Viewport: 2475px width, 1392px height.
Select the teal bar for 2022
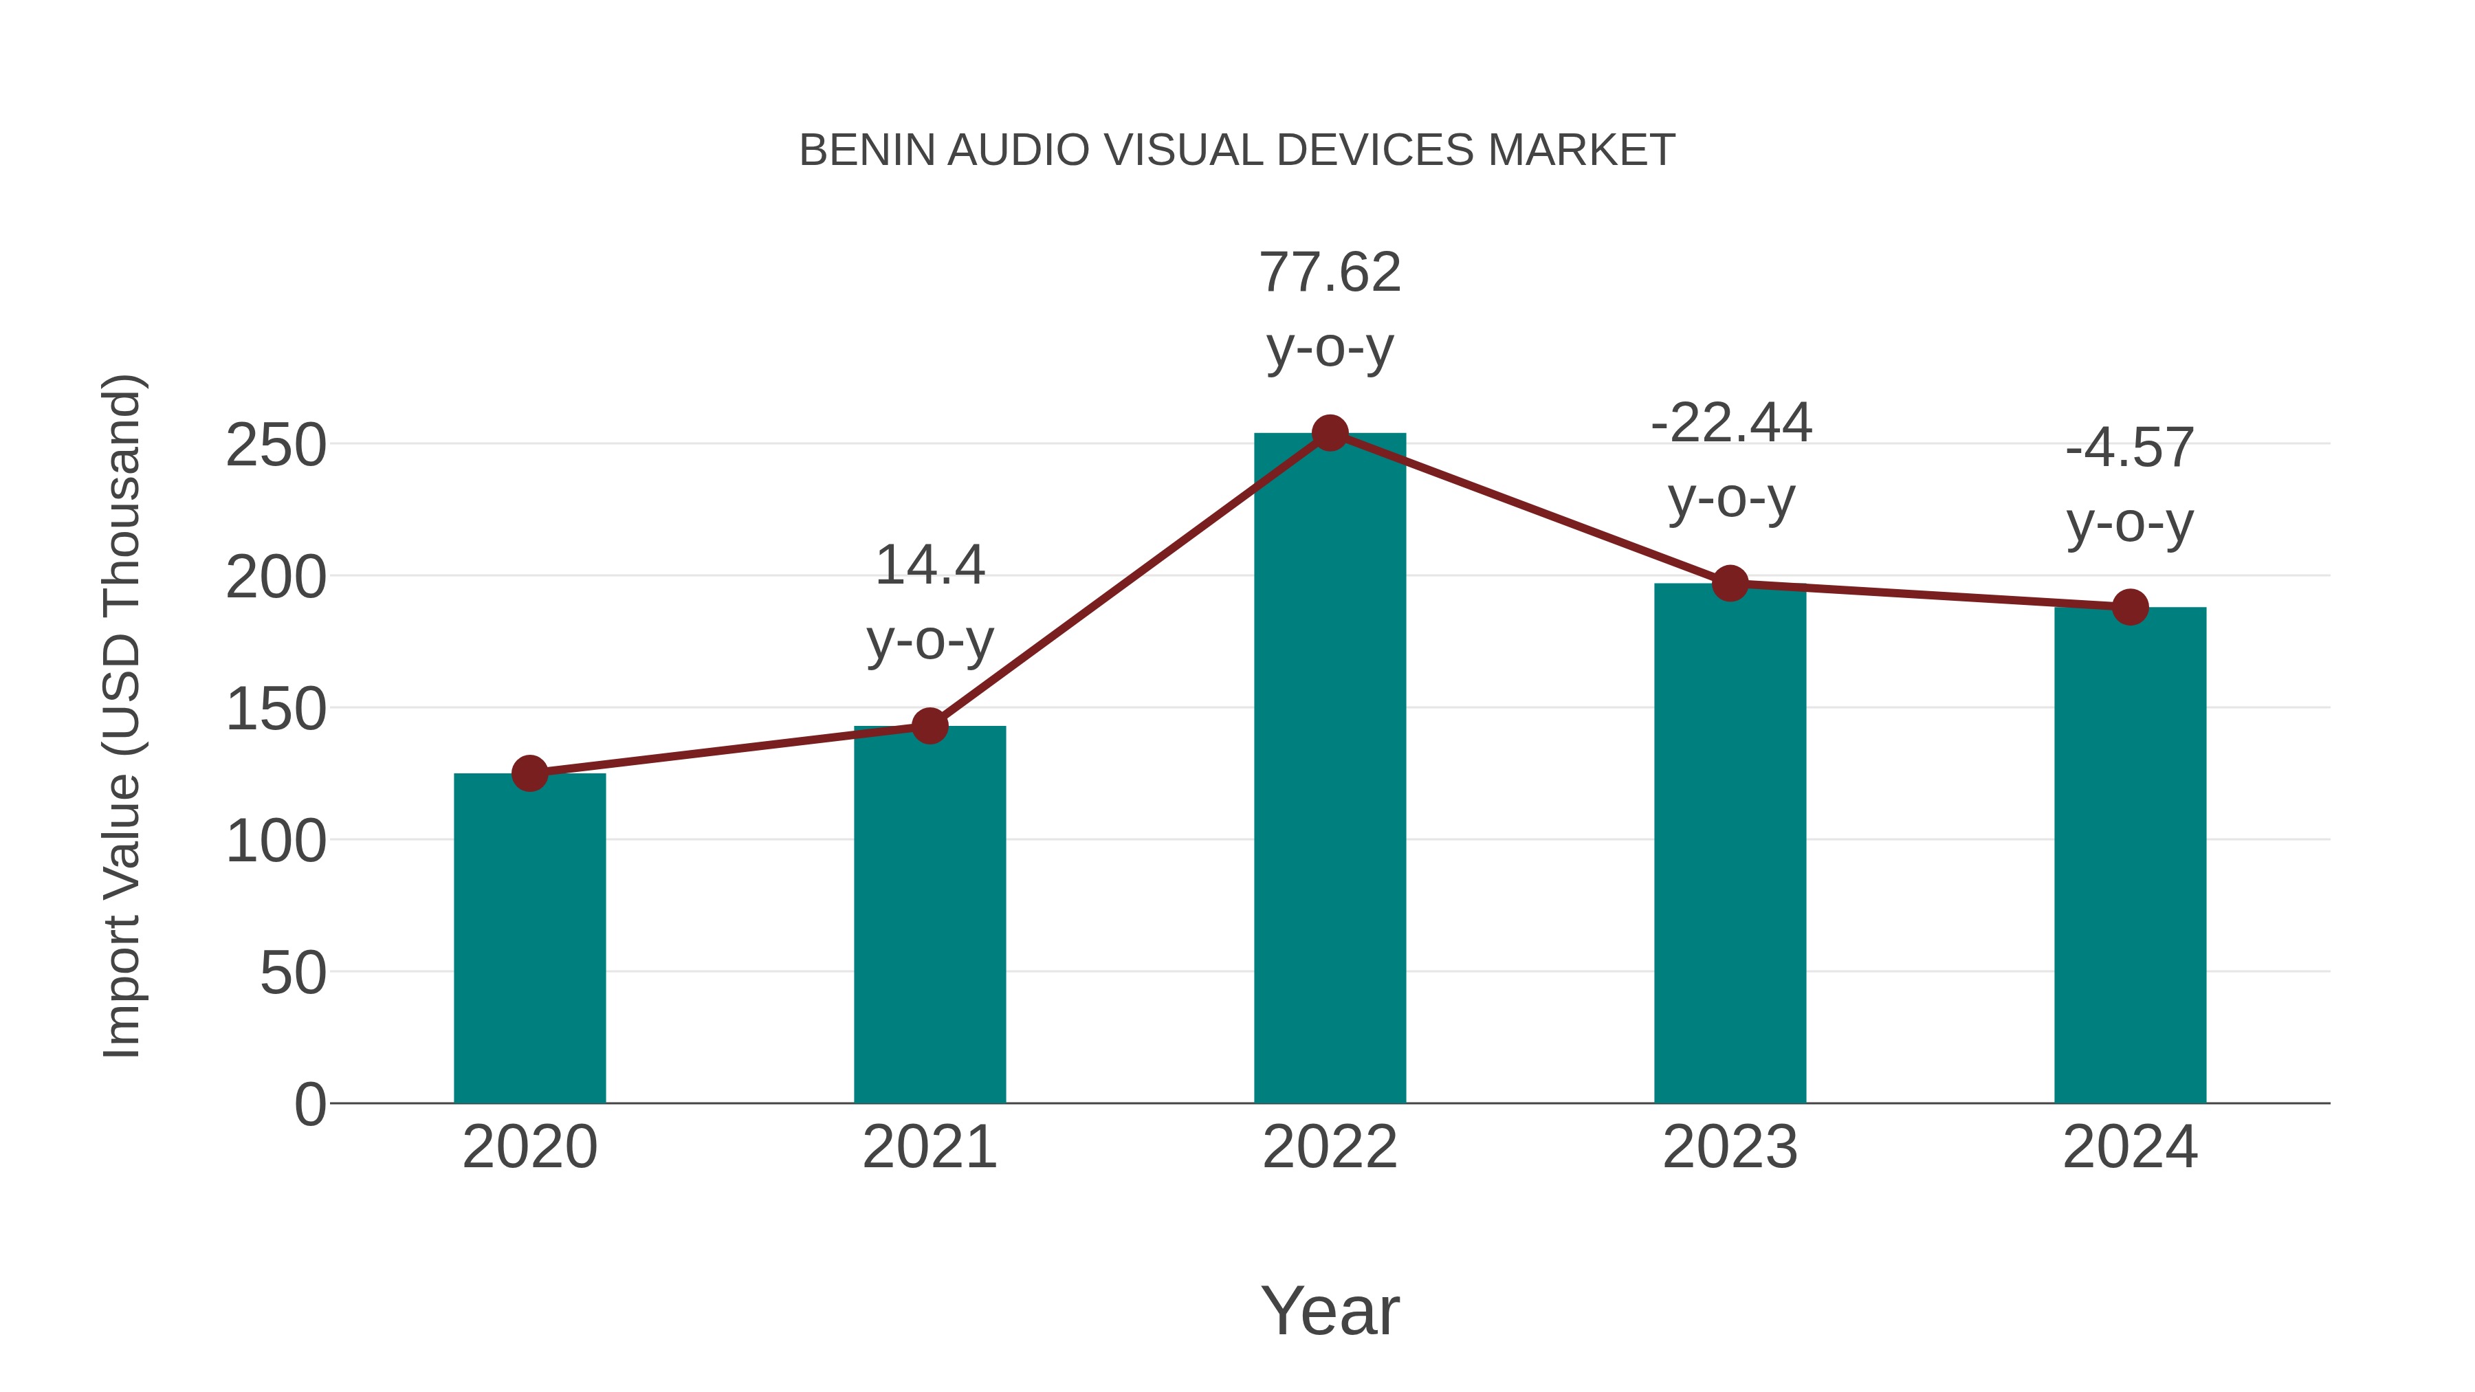[1330, 769]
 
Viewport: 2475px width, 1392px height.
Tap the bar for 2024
[2130, 855]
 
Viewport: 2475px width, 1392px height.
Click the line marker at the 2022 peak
[1330, 433]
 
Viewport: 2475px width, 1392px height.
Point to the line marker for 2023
[1730, 583]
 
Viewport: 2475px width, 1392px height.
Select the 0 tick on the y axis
[310, 1104]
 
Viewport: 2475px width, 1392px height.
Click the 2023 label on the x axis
[1730, 1147]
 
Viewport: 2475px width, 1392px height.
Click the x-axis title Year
[1330, 1310]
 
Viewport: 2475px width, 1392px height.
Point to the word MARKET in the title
[1581, 151]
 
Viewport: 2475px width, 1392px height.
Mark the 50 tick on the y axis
[293, 973]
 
